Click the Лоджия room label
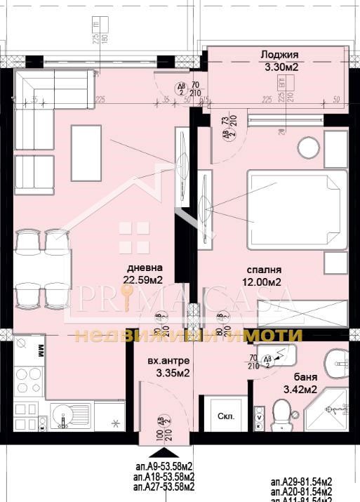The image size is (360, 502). [x=279, y=55]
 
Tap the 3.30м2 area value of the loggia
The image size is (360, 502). [x=279, y=67]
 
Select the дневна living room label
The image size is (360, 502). [x=145, y=268]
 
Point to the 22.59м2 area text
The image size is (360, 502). [x=143, y=281]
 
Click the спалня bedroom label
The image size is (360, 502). [x=265, y=270]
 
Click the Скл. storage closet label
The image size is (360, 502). [x=225, y=415]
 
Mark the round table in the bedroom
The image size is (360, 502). [x=309, y=150]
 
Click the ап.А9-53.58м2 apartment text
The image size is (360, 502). [x=164, y=465]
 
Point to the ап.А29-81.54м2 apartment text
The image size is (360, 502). [x=302, y=481]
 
